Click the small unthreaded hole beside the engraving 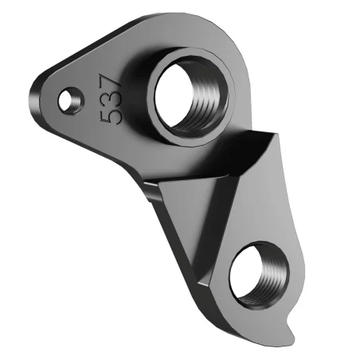72,98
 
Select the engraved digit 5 112,115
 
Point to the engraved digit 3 112,97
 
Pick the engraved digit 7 111,80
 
